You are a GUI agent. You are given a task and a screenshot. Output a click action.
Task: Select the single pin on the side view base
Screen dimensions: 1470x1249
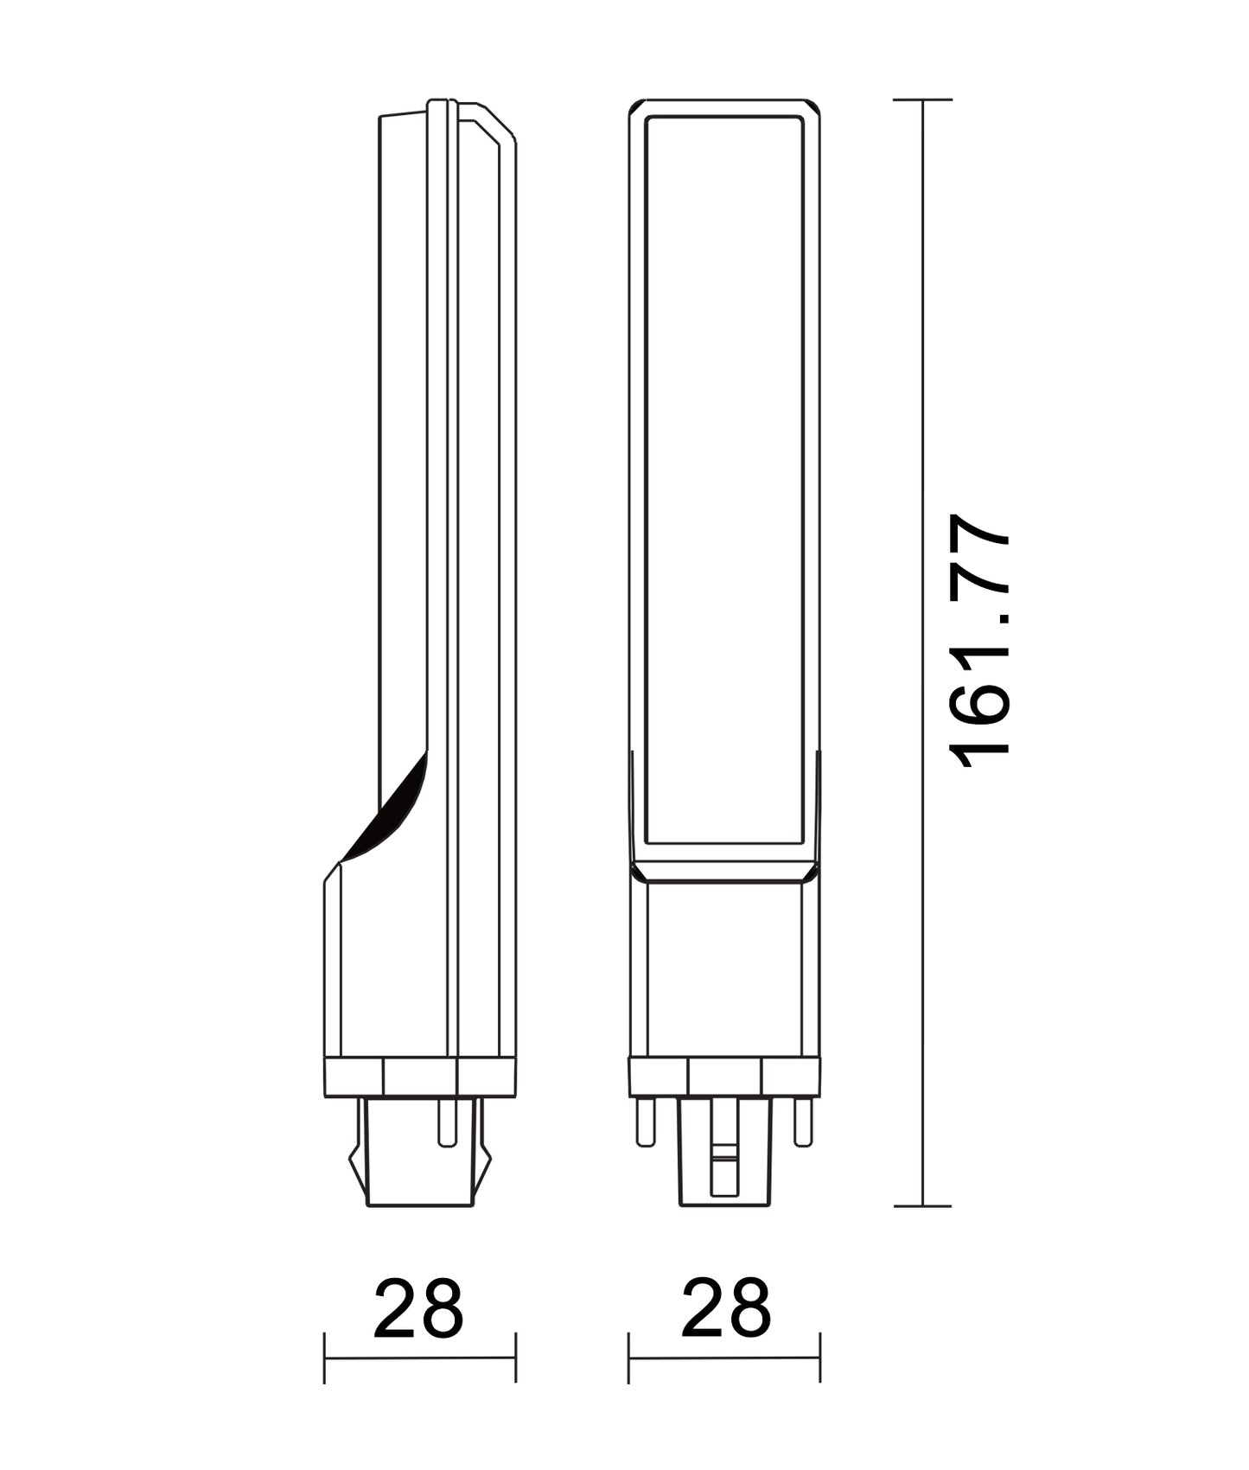pyautogui.click(x=446, y=1122)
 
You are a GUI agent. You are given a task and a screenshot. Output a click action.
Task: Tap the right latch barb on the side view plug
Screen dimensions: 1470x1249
pyautogui.click(x=486, y=1163)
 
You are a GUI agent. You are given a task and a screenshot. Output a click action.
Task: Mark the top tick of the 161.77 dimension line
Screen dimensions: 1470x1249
pyautogui.click(x=923, y=100)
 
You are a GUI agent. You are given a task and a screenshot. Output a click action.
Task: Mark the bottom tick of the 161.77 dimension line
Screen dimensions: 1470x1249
pyautogui.click(x=923, y=1205)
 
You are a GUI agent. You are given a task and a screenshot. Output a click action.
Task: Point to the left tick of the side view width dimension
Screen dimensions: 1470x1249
pyautogui.click(x=325, y=1358)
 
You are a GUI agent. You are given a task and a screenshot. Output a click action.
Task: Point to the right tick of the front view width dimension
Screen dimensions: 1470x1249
pyautogui.click(x=820, y=1358)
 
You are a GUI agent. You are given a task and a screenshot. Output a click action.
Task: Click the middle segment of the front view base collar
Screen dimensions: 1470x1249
pyautogui.click(x=725, y=1077)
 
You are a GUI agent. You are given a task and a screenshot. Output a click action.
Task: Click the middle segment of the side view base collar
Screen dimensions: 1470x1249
pyautogui.click(x=419, y=1077)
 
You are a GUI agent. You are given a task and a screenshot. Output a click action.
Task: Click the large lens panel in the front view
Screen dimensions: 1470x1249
pyautogui.click(x=725, y=476)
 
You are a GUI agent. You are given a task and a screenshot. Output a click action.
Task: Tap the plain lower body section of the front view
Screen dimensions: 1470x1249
pyautogui.click(x=725, y=968)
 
